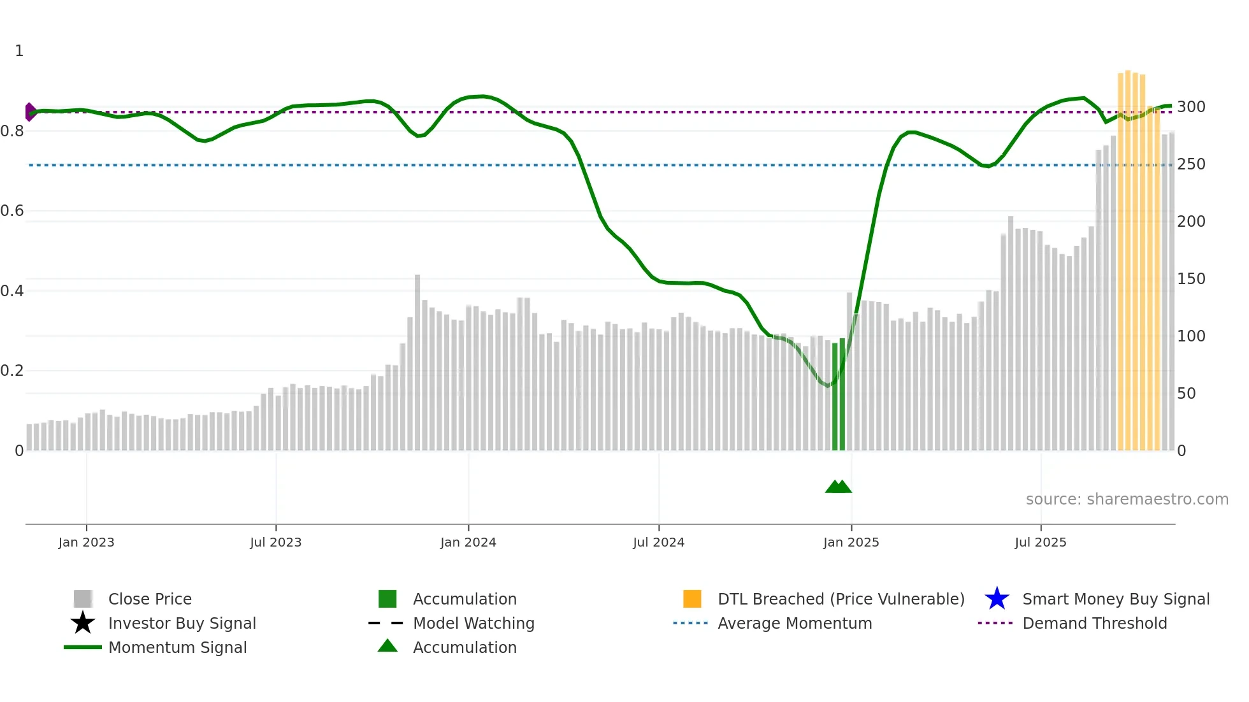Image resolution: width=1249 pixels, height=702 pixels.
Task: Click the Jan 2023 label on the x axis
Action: pyautogui.click(x=86, y=543)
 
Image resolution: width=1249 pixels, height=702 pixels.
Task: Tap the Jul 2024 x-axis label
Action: pyautogui.click(x=658, y=543)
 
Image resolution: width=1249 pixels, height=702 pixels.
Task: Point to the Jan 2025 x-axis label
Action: pyautogui.click(x=851, y=543)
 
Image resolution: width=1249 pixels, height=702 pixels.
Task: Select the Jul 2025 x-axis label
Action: pyautogui.click(x=1040, y=543)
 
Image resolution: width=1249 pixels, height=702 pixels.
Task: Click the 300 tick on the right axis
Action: pyautogui.click(x=1190, y=107)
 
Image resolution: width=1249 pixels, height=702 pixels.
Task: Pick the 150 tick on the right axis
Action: pyautogui.click(x=1190, y=279)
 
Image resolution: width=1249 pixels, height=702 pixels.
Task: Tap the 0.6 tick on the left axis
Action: pyautogui.click(x=12, y=211)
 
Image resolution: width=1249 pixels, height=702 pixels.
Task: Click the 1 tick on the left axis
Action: pyautogui.click(x=19, y=51)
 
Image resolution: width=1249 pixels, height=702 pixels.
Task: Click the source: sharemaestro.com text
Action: pyautogui.click(x=1127, y=499)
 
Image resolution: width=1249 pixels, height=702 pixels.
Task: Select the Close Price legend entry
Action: pyautogui.click(x=150, y=599)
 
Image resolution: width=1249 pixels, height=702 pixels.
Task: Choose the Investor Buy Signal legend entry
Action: pyautogui.click(x=182, y=624)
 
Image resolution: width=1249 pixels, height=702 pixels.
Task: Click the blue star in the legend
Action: pyautogui.click(x=997, y=599)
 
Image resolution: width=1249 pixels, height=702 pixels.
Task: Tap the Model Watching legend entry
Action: pyautogui.click(x=473, y=624)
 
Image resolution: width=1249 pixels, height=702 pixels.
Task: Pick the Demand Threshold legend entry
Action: pyautogui.click(x=1094, y=624)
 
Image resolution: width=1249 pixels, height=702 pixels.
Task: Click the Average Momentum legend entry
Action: pyautogui.click(x=795, y=624)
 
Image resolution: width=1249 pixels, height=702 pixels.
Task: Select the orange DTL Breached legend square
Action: pyautogui.click(x=692, y=599)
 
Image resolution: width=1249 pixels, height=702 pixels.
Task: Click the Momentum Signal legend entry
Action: pyautogui.click(x=177, y=648)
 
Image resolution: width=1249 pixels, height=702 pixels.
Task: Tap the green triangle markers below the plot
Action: pyautogui.click(x=838, y=487)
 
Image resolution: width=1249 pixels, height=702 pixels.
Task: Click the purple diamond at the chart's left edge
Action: pyautogui.click(x=30, y=112)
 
